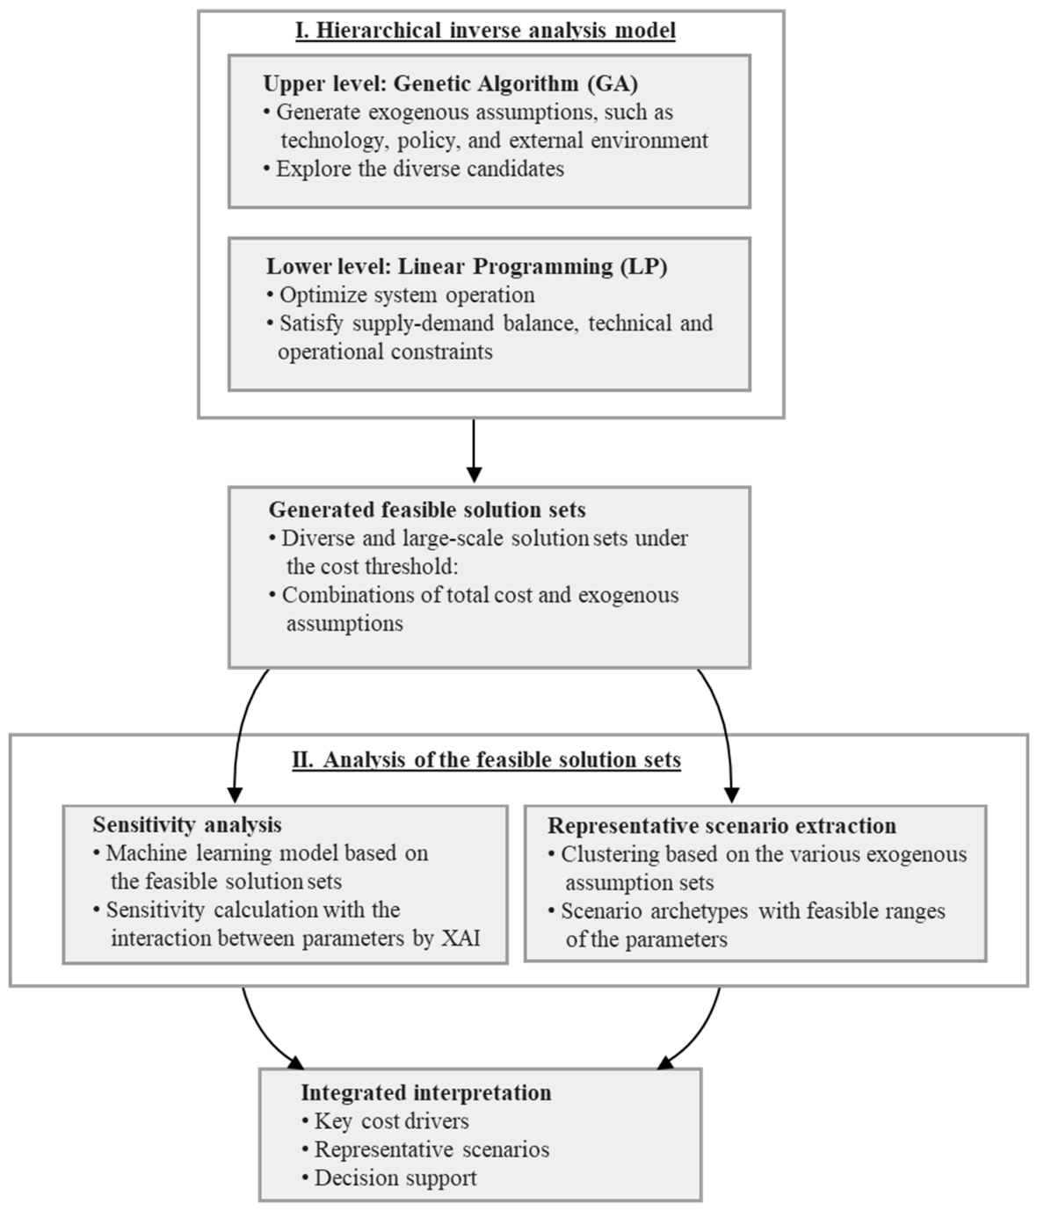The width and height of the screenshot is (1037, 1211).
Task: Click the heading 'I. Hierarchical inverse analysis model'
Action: [485, 31]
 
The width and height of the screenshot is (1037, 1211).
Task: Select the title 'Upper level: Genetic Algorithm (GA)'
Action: [451, 83]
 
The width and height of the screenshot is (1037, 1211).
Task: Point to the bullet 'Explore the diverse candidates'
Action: [414, 169]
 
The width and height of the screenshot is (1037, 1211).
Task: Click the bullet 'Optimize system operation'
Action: [401, 294]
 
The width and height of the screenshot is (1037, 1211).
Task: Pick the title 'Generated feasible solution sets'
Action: [427, 509]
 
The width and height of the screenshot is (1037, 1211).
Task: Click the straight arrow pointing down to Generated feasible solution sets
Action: [474, 451]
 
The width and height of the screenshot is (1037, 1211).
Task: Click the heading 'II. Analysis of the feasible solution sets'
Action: [486, 760]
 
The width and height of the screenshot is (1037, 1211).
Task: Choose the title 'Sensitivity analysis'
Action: [187, 824]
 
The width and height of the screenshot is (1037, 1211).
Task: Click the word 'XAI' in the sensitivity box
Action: [460, 938]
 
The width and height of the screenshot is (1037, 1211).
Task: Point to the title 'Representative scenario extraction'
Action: [722, 825]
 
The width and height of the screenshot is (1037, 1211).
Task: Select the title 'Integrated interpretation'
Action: [426, 1092]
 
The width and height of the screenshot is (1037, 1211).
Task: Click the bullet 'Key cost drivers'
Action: [386, 1120]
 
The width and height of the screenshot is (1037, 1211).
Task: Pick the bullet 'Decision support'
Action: [389, 1178]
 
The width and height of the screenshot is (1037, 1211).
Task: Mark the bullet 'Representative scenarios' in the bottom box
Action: [425, 1149]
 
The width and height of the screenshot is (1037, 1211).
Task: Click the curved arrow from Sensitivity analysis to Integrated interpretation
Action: [261, 1034]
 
